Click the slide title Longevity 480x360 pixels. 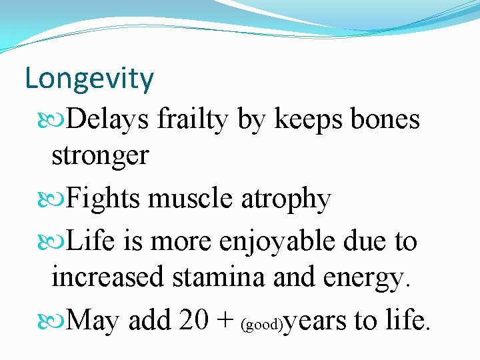(89, 79)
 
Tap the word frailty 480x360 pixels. (193, 121)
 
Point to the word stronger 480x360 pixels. (99, 155)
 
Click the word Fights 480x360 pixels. (105, 199)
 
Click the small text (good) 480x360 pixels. (261, 325)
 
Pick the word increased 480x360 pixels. (107, 276)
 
